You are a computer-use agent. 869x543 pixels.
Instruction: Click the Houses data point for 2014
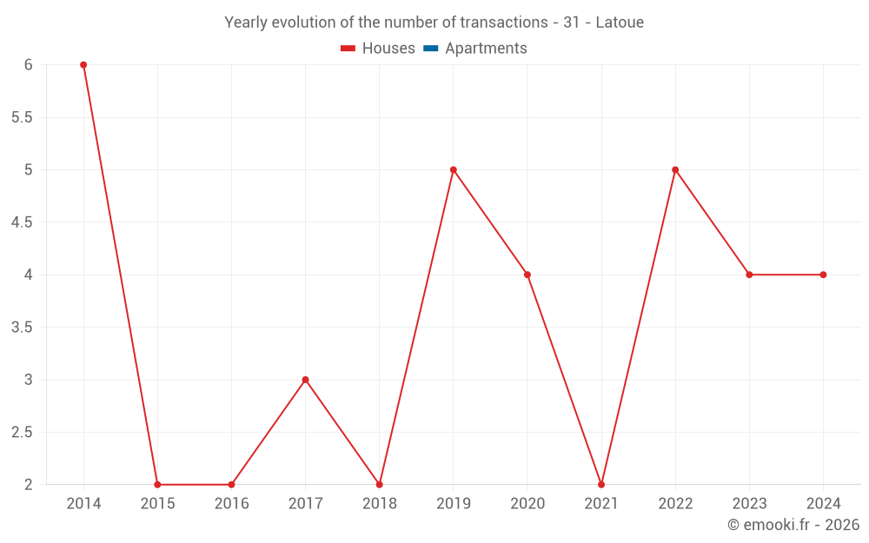point(83,65)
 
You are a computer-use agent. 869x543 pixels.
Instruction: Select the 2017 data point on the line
point(305,380)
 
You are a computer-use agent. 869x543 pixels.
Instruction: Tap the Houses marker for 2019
point(454,169)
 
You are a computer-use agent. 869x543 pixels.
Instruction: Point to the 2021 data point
point(601,485)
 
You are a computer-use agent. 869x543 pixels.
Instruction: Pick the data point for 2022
point(675,169)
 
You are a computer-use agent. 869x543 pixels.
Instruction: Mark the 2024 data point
point(823,275)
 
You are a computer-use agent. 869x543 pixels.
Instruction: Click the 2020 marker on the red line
point(527,275)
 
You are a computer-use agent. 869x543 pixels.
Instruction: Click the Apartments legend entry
point(486,49)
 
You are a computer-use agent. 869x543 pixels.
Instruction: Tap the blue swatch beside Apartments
point(430,49)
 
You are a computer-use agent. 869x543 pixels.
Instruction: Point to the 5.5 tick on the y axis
point(22,117)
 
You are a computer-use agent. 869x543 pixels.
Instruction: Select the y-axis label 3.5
point(22,328)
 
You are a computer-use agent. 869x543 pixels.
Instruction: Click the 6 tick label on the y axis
point(28,65)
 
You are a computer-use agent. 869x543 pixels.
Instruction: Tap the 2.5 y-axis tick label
point(22,433)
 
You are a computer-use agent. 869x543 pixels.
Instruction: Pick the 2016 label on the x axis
point(231,504)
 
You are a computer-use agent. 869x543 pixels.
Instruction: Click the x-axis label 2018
point(380,504)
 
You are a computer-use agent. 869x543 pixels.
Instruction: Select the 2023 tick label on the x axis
point(749,504)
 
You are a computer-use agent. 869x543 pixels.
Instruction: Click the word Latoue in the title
point(620,23)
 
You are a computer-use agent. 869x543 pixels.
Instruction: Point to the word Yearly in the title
point(247,23)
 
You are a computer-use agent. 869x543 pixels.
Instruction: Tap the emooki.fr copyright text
point(793,525)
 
